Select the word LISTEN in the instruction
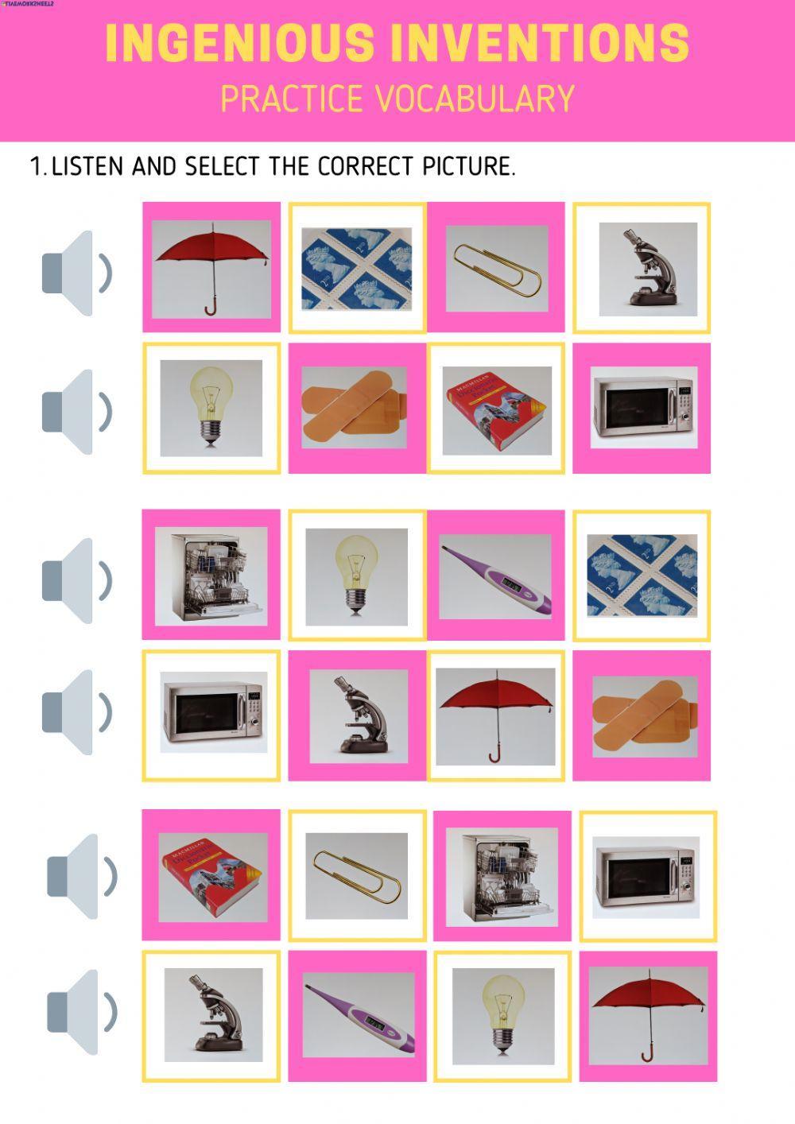(87, 166)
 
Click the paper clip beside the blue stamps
(496, 268)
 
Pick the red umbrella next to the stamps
(211, 262)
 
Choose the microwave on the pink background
(641, 408)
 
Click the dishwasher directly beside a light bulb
(211, 576)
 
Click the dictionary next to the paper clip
(211, 874)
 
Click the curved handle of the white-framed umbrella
(494, 756)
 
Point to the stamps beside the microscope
(356, 266)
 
